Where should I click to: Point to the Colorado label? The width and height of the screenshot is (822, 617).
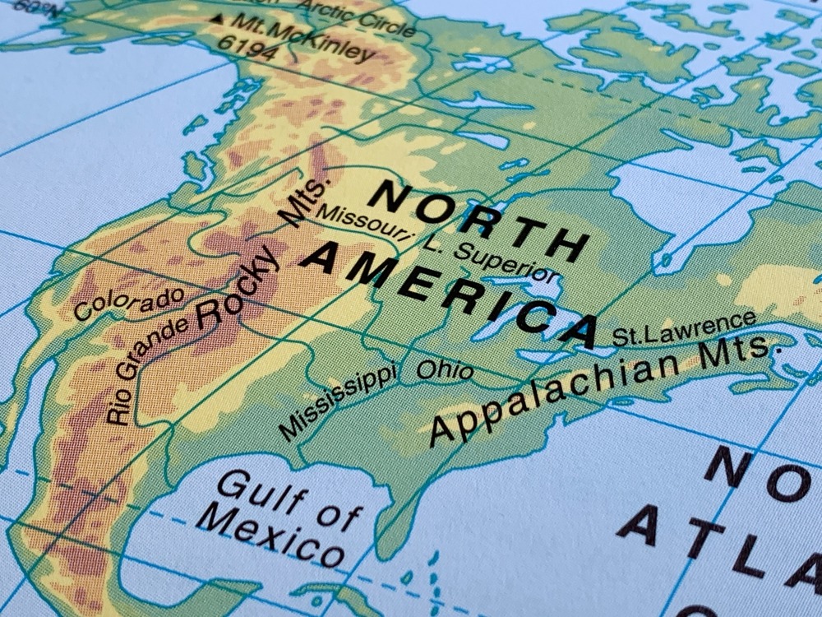128,304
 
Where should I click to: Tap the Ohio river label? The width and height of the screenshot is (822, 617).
445,369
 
